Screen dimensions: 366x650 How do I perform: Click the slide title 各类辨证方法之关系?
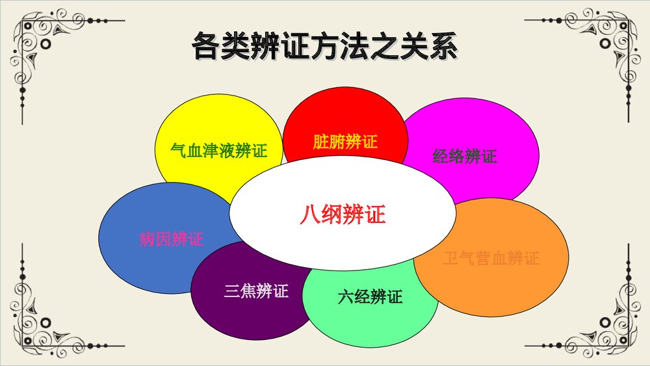coord(324,47)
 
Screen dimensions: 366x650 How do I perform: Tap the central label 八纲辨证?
coord(343,215)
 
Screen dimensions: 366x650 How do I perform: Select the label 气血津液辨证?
coord(218,151)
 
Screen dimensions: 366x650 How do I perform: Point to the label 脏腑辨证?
coord(344,141)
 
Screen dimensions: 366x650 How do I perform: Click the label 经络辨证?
coord(464,156)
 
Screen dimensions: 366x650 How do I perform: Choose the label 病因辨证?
coord(171,239)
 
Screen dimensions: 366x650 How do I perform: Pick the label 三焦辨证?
coord(255,291)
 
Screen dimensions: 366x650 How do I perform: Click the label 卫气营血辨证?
coord(491,258)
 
